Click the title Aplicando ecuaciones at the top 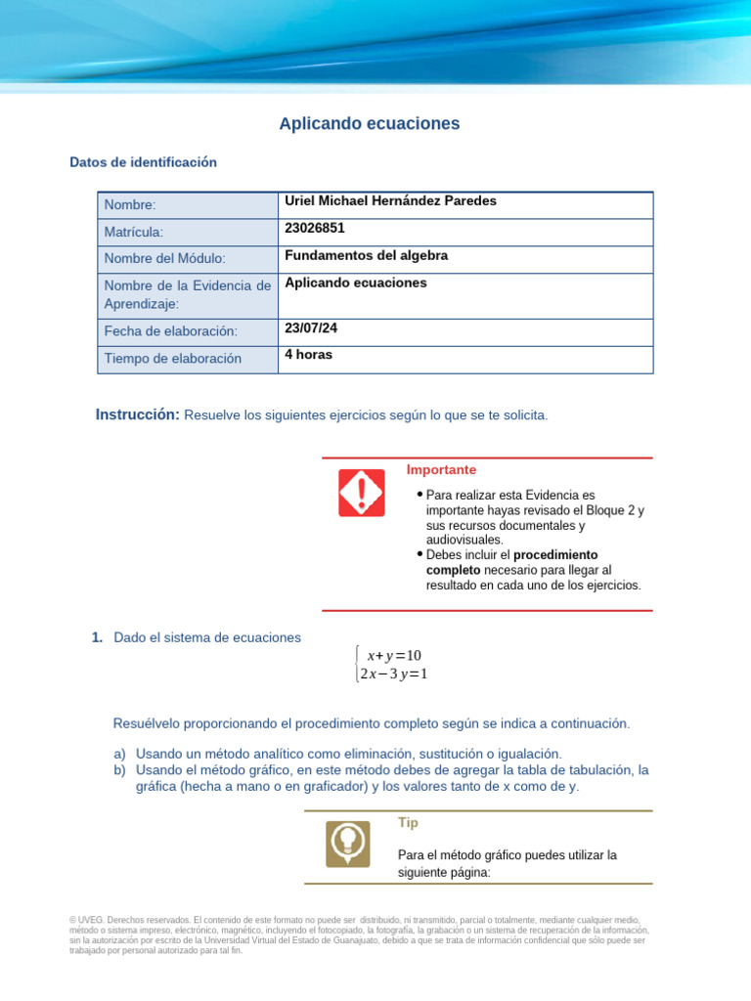369,124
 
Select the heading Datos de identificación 143,162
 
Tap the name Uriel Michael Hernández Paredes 390,200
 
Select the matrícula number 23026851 314,228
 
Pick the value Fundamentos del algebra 366,255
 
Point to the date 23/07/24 310,328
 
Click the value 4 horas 308,354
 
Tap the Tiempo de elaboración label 172,359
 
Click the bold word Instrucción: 137,415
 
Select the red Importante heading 441,470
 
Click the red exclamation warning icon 361,493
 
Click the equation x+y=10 393,655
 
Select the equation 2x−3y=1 394,674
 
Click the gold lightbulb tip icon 347,844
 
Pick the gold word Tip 408,823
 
